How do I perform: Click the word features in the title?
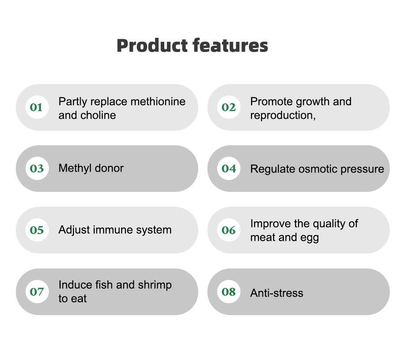point(230,45)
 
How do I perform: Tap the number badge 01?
point(37,107)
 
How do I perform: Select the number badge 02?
point(229,107)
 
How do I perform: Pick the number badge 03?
point(37,169)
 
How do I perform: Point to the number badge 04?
point(229,169)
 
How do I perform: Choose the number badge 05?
point(37,230)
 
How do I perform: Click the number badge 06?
point(229,230)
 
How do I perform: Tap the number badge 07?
point(37,292)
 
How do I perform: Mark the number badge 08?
point(229,292)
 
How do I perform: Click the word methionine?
point(158,101)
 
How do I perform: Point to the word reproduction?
point(282,116)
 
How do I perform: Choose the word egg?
point(310,238)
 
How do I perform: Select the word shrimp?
point(155,285)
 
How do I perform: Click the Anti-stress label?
point(277,293)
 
